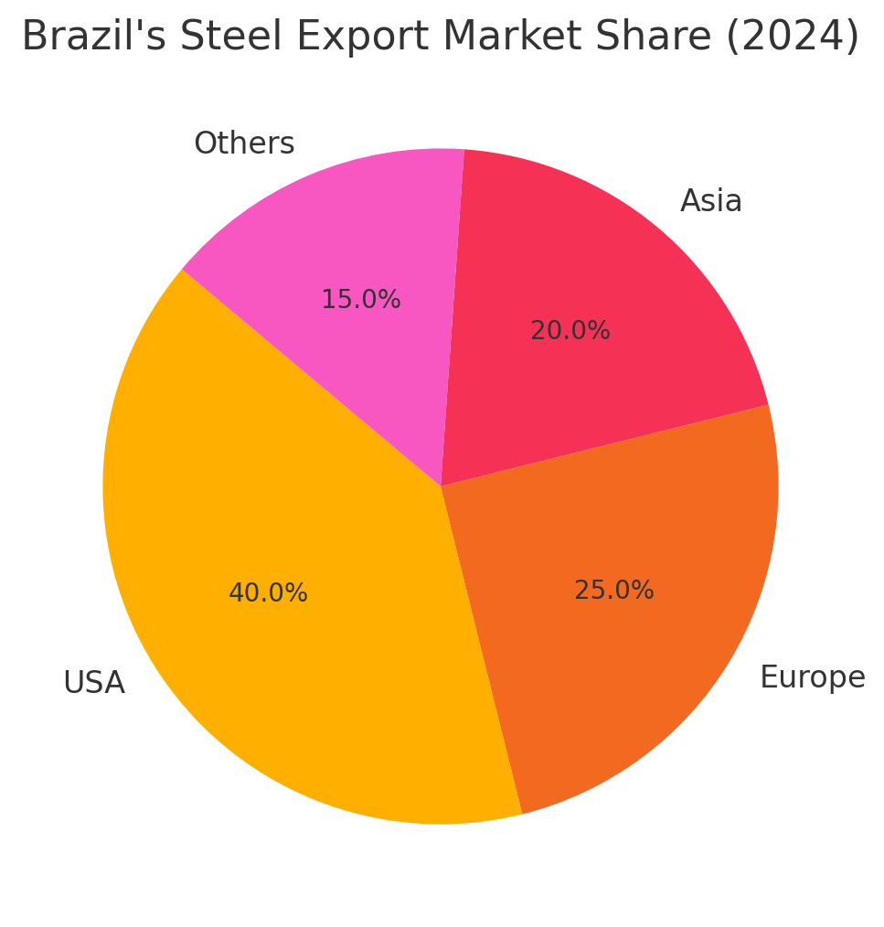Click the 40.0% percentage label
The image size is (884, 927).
pos(268,593)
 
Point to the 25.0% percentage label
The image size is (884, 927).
pos(613,591)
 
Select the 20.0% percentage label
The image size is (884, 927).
pos(570,331)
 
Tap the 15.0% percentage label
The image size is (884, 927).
pos(360,300)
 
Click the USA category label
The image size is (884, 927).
pos(93,683)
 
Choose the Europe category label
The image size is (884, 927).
pos(812,677)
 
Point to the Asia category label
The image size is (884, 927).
pos(710,201)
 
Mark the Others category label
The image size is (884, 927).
pos(244,144)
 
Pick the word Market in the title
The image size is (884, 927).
pos(497,37)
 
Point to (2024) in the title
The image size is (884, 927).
pos(793,37)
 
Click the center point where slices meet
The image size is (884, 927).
pos(441,486)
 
